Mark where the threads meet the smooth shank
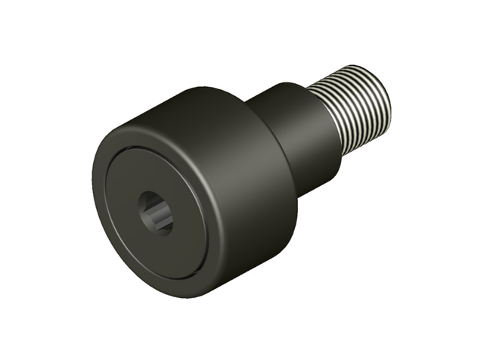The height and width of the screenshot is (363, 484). coord(326,117)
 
